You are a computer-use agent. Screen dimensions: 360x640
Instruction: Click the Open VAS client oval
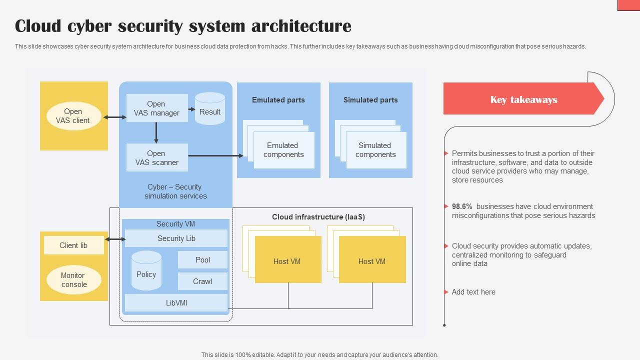click(73, 116)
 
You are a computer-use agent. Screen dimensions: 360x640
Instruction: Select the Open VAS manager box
click(156, 108)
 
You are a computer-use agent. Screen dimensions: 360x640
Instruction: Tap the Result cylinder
click(210, 109)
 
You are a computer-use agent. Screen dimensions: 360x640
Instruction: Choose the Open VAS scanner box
click(156, 157)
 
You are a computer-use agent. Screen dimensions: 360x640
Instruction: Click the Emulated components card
click(283, 150)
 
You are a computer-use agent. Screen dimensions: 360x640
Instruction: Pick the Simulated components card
click(375, 150)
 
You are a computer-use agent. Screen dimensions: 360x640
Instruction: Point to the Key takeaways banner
click(523, 99)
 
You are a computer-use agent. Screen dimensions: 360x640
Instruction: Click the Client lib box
click(73, 245)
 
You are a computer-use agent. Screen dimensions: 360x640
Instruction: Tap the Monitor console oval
click(73, 280)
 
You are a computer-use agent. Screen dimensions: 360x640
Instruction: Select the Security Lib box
click(176, 238)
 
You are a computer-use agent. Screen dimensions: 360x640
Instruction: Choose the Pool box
click(202, 260)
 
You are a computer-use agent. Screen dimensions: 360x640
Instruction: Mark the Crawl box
click(202, 281)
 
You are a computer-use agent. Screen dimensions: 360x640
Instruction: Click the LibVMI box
click(176, 303)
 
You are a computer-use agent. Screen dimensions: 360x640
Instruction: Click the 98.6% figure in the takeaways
click(462, 206)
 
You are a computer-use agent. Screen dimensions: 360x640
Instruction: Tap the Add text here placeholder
click(473, 292)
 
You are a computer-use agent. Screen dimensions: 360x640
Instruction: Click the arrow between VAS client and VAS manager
click(115, 117)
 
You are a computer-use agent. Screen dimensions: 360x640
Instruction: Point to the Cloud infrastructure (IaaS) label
click(318, 217)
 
